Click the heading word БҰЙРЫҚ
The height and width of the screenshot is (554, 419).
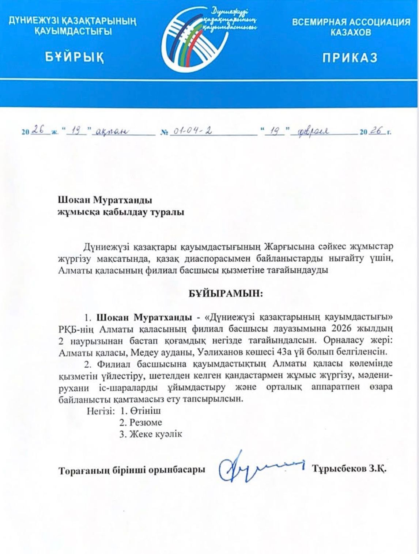click(x=74, y=57)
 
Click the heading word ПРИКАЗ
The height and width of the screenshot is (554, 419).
click(x=350, y=57)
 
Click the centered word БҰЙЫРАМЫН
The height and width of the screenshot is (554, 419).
click(x=225, y=293)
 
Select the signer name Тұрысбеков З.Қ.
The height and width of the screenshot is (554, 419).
click(x=349, y=469)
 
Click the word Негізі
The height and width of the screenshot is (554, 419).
click(x=99, y=411)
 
